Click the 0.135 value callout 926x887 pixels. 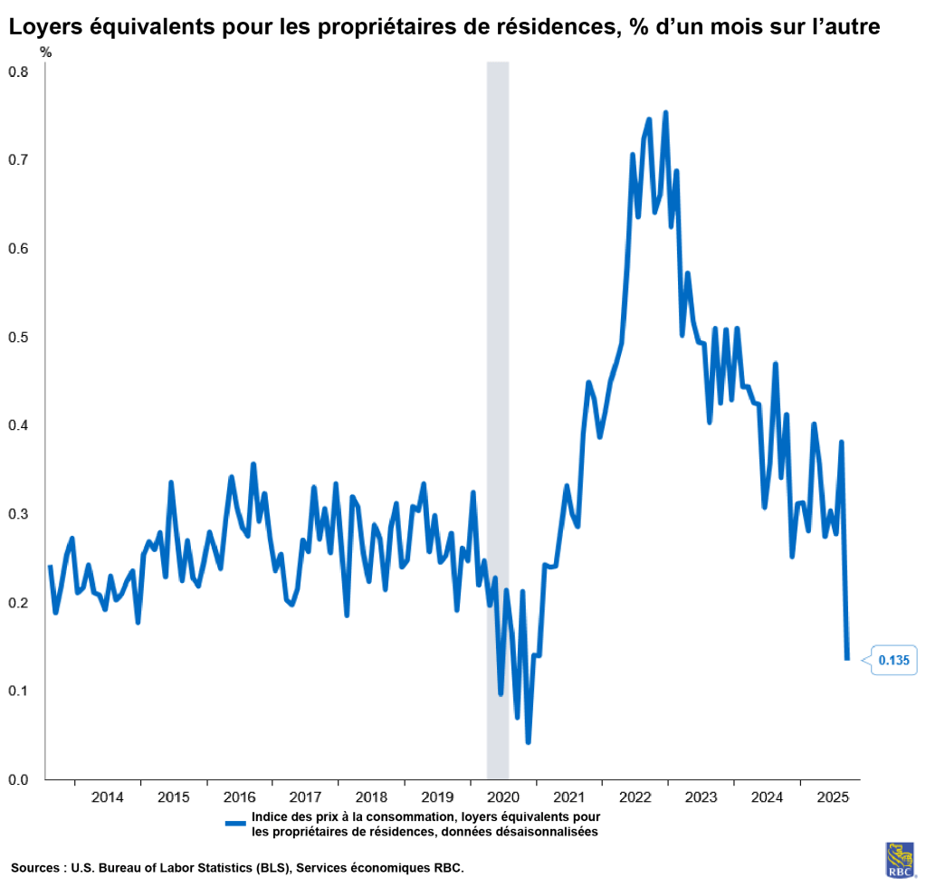tap(893, 661)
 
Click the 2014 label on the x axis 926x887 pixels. tap(107, 798)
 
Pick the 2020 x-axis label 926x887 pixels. tap(503, 798)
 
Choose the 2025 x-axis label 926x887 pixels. tap(833, 798)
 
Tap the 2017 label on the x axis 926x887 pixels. tap(305, 798)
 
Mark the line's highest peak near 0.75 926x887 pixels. tap(665, 113)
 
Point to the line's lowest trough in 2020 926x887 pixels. tap(528, 742)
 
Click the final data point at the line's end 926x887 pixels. tap(847, 659)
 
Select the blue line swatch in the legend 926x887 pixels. tap(235, 823)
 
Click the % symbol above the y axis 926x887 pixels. tap(46, 52)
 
